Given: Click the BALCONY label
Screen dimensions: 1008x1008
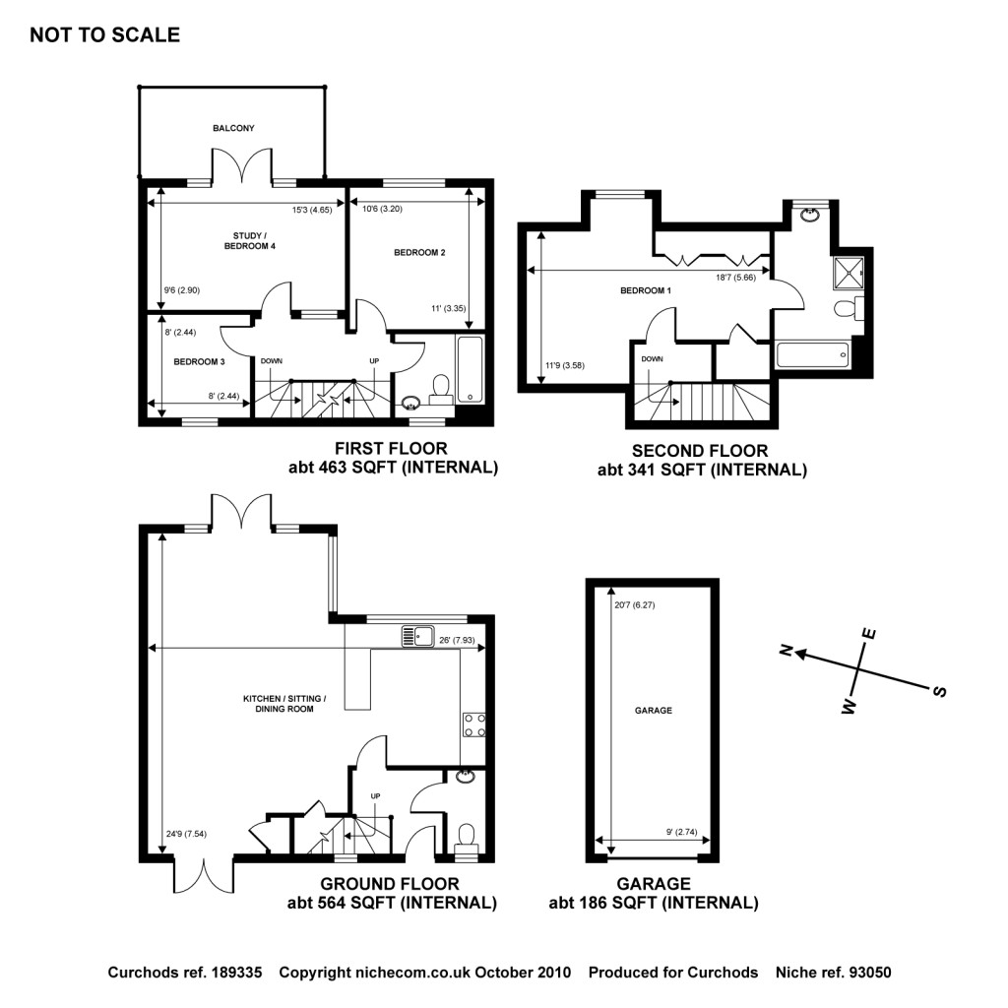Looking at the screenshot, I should pyautogui.click(x=233, y=128).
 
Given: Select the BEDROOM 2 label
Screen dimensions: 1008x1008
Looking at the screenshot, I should pyautogui.click(x=420, y=253).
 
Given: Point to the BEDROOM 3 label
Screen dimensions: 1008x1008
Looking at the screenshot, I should pyautogui.click(x=200, y=361).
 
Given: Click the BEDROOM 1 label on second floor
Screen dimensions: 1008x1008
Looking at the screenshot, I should pyautogui.click(x=646, y=290).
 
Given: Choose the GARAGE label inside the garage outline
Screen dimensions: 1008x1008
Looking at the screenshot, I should pyautogui.click(x=653, y=710).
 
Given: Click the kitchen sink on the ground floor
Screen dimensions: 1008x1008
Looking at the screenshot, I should pyautogui.click(x=418, y=637).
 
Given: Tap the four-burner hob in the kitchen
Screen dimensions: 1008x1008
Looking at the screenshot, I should pyautogui.click(x=473, y=724).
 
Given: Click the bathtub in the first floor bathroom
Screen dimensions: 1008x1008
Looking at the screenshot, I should pyautogui.click(x=471, y=369).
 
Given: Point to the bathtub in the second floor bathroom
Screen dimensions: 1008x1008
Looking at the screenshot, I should pyautogui.click(x=813, y=354).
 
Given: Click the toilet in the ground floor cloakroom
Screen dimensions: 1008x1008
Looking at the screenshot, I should pyautogui.click(x=466, y=835).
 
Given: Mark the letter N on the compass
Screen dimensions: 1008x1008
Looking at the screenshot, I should pyautogui.click(x=786, y=650).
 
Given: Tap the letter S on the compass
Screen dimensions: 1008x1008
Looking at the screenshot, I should pyautogui.click(x=939, y=691).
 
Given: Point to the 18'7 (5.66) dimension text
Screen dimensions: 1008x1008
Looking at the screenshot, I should pyautogui.click(x=735, y=279).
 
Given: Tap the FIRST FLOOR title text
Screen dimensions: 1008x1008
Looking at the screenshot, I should pyautogui.click(x=391, y=447).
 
